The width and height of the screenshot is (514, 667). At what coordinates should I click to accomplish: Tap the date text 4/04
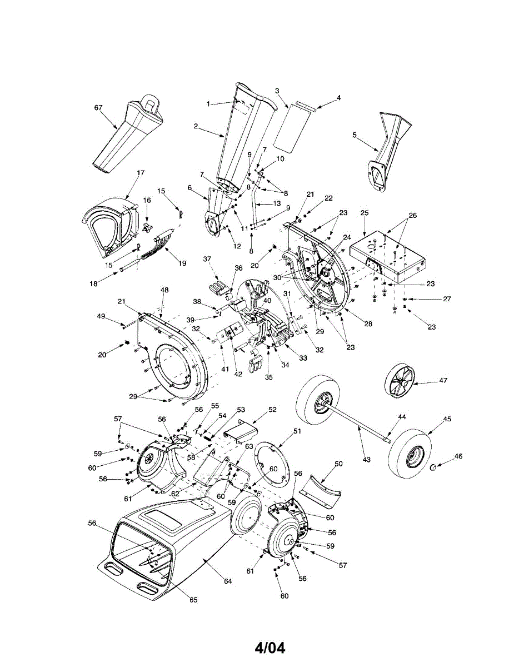pyautogui.click(x=270, y=648)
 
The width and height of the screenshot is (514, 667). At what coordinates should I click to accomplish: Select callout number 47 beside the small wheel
pyautogui.click(x=443, y=380)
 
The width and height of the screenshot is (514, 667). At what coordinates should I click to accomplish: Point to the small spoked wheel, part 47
pyautogui.click(x=400, y=381)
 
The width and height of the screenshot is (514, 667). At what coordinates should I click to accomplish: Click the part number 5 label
pyautogui.click(x=354, y=134)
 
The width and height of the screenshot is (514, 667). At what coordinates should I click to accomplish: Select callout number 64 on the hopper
pyautogui.click(x=227, y=581)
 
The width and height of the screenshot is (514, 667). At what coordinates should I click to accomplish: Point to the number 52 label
pyautogui.click(x=272, y=409)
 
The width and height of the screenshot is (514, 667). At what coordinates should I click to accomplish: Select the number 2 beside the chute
pyautogui.click(x=196, y=126)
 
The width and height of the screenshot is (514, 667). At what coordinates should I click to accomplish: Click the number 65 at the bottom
pyautogui.click(x=193, y=600)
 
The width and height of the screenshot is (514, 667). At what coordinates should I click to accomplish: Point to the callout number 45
pyautogui.click(x=447, y=419)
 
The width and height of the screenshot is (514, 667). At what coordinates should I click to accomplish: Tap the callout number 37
pyautogui.click(x=207, y=259)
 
